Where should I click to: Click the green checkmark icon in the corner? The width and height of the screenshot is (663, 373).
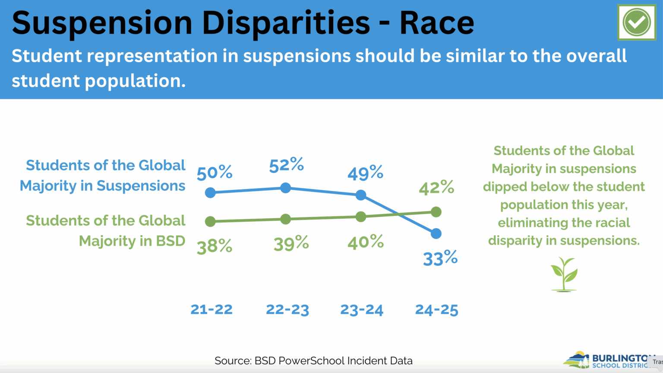point(636,22)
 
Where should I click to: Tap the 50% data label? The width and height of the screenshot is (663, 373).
point(215,173)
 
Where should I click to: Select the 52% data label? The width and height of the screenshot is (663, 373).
point(286,165)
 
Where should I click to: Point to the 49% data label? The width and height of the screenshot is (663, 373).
point(365,173)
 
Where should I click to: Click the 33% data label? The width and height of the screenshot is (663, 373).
point(440,258)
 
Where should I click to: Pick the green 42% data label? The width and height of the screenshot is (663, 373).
point(436,188)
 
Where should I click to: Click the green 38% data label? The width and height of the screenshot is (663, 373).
point(215,246)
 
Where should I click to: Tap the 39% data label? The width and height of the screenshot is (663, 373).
point(291,244)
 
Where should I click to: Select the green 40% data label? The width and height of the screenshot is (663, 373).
point(365,242)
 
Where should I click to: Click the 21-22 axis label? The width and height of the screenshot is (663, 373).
point(212,309)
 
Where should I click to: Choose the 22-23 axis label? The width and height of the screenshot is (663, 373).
point(287,309)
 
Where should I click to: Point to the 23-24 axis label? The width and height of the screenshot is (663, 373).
point(362,309)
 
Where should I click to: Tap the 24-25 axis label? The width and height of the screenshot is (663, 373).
point(436,309)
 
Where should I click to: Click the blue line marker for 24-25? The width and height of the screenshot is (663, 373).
point(436,233)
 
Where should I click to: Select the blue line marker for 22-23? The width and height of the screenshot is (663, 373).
point(285,188)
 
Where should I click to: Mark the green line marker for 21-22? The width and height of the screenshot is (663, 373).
point(210,222)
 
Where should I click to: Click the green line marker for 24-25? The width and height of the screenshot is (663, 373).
point(436,212)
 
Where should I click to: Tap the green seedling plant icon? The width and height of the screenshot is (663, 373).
point(564,274)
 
